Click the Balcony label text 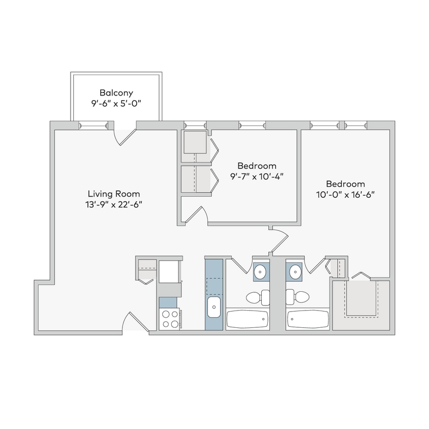pyautogui.click(x=116, y=93)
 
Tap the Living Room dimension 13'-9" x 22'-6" pyautogui.click(x=113, y=204)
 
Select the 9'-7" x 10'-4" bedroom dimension pyautogui.click(x=257, y=176)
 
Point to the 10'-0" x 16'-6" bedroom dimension pyautogui.click(x=345, y=194)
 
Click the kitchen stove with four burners pyautogui.click(x=170, y=319)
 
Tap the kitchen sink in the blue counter pyautogui.click(x=213, y=307)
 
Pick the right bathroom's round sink pyautogui.click(x=295, y=272)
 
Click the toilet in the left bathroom pyautogui.click(x=258, y=296)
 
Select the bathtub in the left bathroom pyautogui.click(x=247, y=320)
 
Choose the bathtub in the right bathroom pyautogui.click(x=308, y=320)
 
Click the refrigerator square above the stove pyautogui.click(x=169, y=271)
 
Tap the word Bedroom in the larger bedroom pyautogui.click(x=345, y=184)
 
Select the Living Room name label pyautogui.click(x=113, y=194)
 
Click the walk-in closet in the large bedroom pyautogui.click(x=361, y=299)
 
